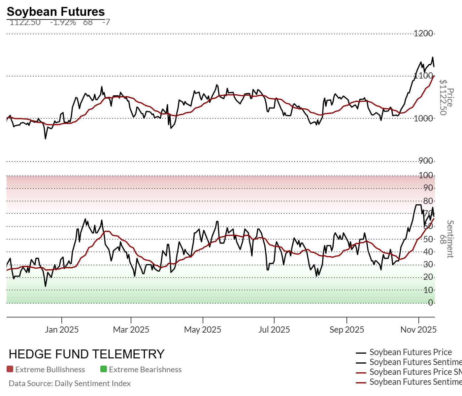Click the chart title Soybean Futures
click(56, 12)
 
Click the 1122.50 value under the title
click(25, 22)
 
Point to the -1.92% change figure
click(63, 22)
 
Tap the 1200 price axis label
click(423, 33)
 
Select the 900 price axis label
click(426, 161)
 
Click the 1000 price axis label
click(423, 118)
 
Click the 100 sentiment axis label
click(426, 175)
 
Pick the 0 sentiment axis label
click(430, 303)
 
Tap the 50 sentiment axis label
click(428, 239)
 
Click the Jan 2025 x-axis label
click(62, 330)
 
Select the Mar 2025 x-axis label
click(131, 330)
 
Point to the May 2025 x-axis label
click(203, 330)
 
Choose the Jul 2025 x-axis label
click(274, 330)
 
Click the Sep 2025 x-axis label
click(347, 330)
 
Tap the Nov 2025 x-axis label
click(418, 330)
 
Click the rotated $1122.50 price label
click(443, 98)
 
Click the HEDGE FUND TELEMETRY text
click(86, 354)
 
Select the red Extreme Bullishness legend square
click(10, 369)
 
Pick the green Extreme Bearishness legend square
click(104, 369)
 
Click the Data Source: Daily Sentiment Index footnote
click(70, 383)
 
